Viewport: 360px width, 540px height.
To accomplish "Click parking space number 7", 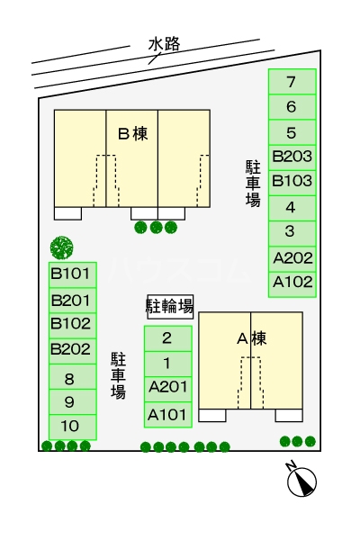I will [x=292, y=82].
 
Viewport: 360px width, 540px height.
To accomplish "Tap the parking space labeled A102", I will [x=292, y=282].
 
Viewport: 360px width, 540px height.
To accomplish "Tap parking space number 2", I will [x=167, y=339].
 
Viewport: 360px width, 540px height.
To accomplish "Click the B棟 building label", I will [x=132, y=134].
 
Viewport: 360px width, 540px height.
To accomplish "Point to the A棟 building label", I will [x=251, y=339].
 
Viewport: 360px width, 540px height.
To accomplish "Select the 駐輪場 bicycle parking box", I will [x=170, y=307].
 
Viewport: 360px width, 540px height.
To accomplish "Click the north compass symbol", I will [x=302, y=481].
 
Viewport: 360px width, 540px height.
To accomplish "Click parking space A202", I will [x=292, y=257].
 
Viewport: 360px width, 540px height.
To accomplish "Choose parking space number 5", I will [x=292, y=132].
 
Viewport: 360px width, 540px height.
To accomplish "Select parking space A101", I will [x=167, y=415].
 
